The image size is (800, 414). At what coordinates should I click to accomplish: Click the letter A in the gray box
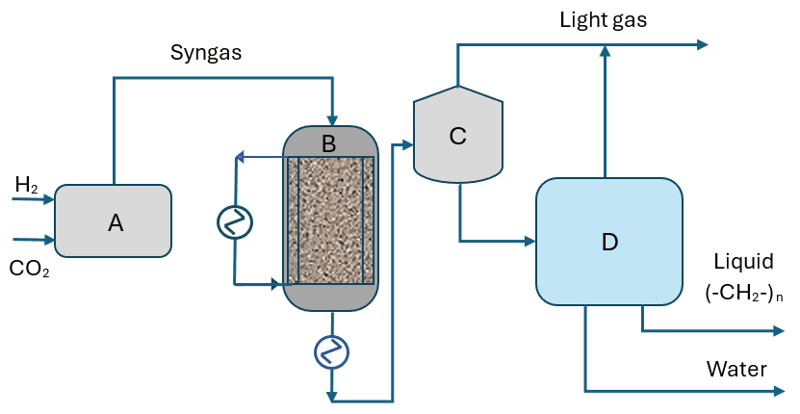tap(116, 223)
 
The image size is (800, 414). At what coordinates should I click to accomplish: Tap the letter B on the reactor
tap(329, 144)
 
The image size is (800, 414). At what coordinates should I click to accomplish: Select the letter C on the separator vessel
tap(457, 137)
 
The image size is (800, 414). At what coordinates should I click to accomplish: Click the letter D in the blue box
tap(608, 243)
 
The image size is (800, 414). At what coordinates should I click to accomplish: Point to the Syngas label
tap(205, 54)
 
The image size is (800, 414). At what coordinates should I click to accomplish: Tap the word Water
tap(736, 369)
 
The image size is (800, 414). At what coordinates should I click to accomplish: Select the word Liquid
tap(743, 261)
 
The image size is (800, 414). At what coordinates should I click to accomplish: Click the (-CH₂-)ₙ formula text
tap(744, 293)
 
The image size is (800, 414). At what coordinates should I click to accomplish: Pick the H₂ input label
tap(26, 185)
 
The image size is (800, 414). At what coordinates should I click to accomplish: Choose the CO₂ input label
tap(29, 271)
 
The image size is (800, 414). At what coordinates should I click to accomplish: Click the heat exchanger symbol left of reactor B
tap(235, 222)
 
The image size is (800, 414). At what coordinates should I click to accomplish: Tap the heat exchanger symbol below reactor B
tap(331, 352)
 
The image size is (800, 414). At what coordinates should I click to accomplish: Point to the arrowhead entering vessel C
tap(406, 144)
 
